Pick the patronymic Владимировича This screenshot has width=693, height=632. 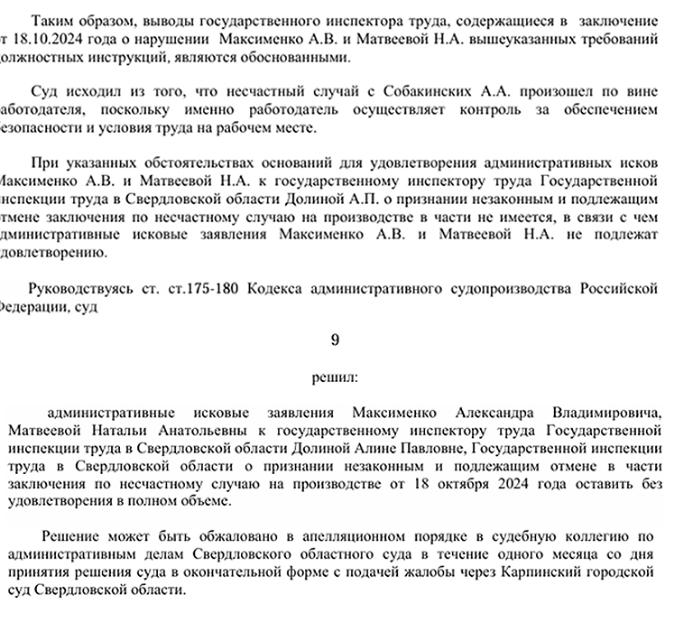(608, 413)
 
